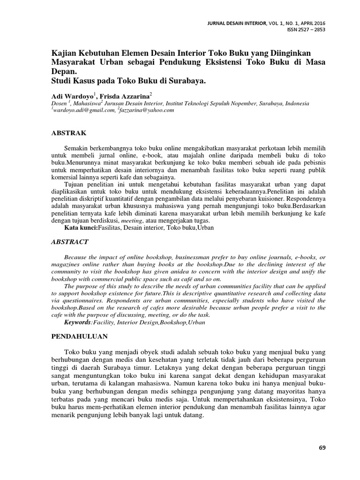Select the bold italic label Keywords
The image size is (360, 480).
pos(77,323)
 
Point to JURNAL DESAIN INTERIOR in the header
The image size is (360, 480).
pos(240,23)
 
